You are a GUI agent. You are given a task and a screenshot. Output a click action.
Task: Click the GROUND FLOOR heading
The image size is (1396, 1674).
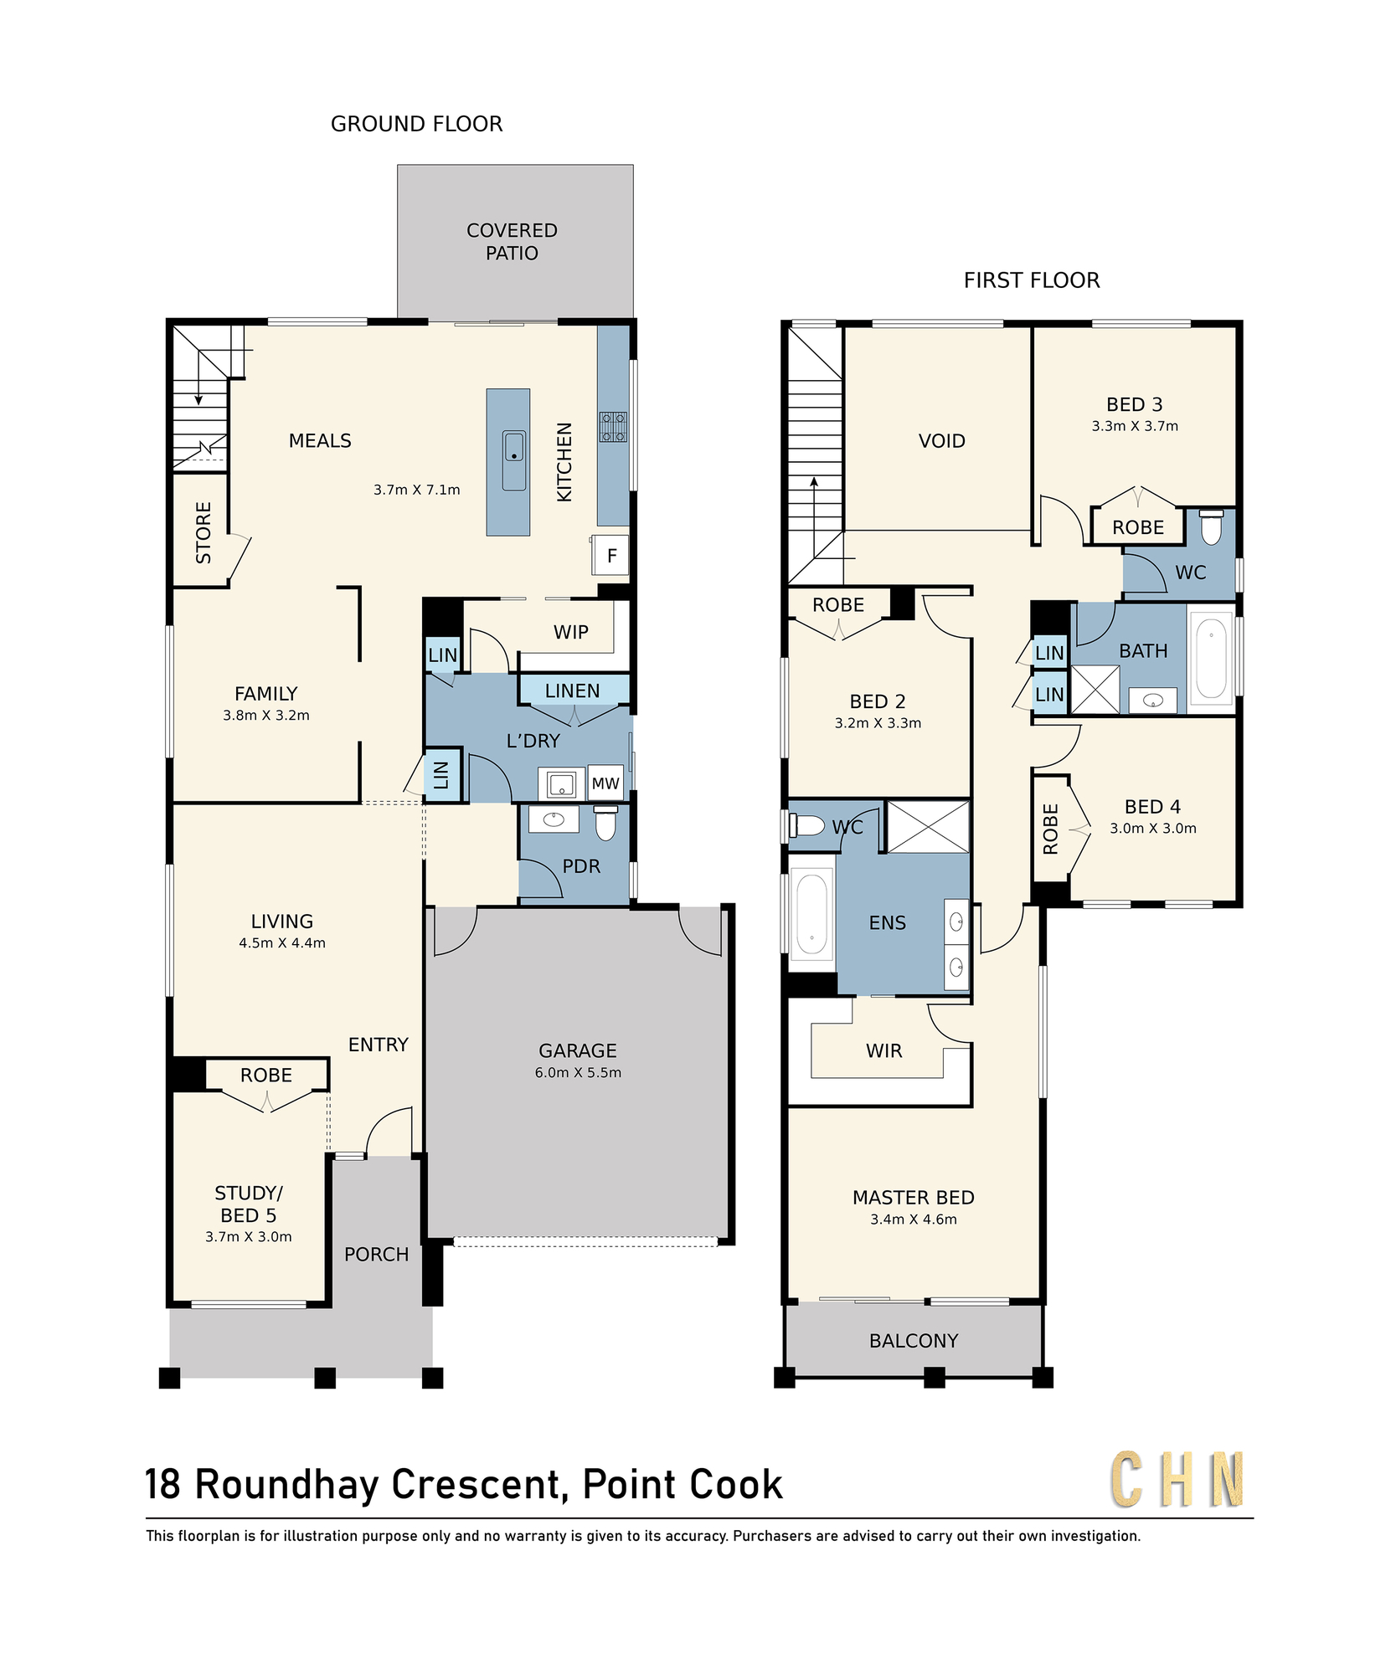coord(416,124)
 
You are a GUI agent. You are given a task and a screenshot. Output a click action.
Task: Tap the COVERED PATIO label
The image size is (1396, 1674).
coord(512,242)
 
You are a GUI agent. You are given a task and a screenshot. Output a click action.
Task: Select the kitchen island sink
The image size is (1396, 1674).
coord(513,460)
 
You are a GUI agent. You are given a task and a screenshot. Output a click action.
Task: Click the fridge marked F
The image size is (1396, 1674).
coord(611,555)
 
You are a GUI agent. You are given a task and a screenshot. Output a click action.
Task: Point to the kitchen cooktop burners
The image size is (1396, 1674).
coord(613,426)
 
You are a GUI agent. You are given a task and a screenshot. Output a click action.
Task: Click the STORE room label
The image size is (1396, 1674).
coord(203,532)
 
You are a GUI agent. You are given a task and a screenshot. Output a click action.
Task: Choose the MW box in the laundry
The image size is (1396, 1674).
coord(605,783)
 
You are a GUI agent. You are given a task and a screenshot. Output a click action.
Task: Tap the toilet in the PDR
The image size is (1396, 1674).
coord(605,822)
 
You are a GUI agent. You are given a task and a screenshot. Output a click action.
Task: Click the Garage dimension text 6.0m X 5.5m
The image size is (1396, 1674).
coord(578,1072)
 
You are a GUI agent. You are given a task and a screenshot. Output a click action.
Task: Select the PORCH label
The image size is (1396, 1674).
coord(377,1255)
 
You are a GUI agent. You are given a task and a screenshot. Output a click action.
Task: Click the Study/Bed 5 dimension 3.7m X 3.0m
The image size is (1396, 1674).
coord(249,1236)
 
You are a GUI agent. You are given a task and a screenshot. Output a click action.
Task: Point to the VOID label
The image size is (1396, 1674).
coord(942,441)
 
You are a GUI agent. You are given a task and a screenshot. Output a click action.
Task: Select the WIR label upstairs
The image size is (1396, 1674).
coord(884,1051)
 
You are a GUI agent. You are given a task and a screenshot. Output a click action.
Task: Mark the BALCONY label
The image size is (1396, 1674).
coord(914,1341)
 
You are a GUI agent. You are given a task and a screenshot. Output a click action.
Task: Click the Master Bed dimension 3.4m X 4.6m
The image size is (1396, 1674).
coord(914,1220)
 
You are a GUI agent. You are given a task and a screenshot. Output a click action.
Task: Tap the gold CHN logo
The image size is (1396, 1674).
coord(1177,1480)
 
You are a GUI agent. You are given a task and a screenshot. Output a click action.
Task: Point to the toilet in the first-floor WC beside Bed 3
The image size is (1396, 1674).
coord(1211,526)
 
